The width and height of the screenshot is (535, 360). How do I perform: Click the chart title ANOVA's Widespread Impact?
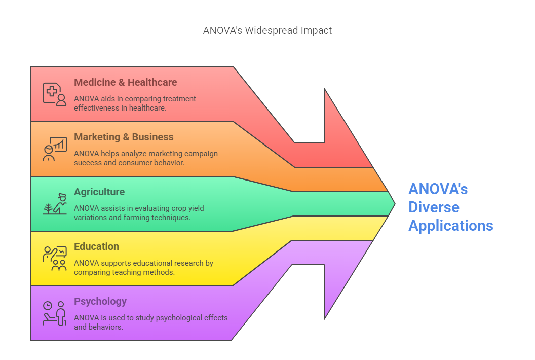click(x=267, y=30)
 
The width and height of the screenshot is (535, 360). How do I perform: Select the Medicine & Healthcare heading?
click(x=125, y=82)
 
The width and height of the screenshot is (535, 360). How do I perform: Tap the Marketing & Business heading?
click(x=124, y=137)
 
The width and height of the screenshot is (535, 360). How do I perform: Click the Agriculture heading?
click(x=99, y=192)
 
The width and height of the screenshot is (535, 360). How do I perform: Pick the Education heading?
click(x=96, y=246)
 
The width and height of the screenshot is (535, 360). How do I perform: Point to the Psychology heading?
click(x=100, y=301)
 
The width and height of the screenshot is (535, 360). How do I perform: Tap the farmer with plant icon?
click(x=55, y=203)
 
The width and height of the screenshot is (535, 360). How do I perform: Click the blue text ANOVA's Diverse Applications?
click(x=450, y=207)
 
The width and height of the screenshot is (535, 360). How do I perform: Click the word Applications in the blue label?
click(x=450, y=225)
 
